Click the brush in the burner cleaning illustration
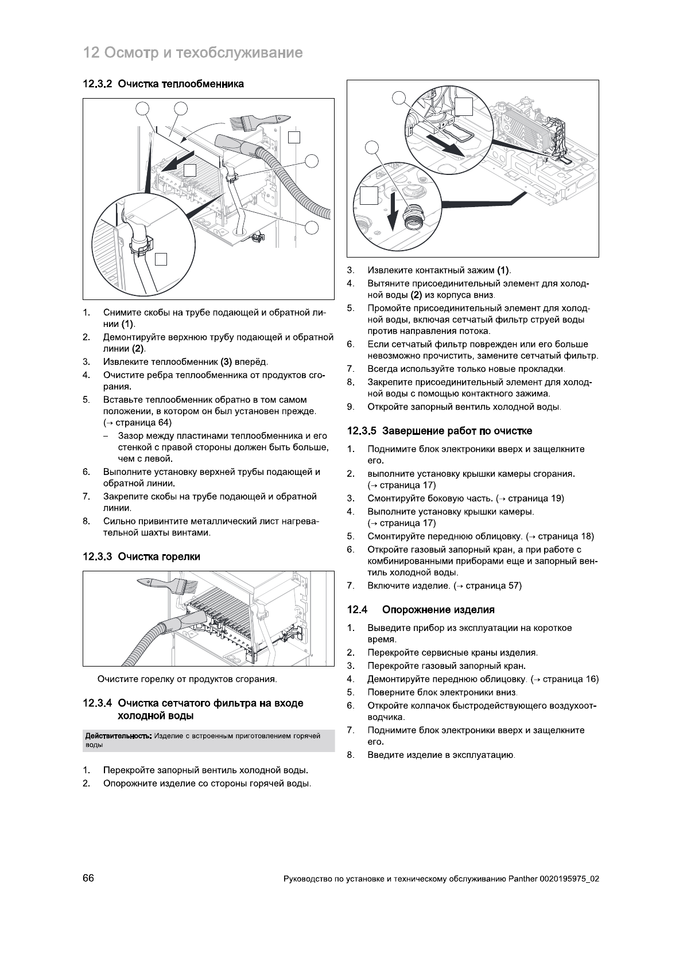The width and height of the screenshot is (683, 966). tap(161, 585)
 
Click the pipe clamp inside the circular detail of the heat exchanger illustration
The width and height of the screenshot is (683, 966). tap(141, 244)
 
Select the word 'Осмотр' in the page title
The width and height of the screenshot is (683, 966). tap(129, 53)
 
